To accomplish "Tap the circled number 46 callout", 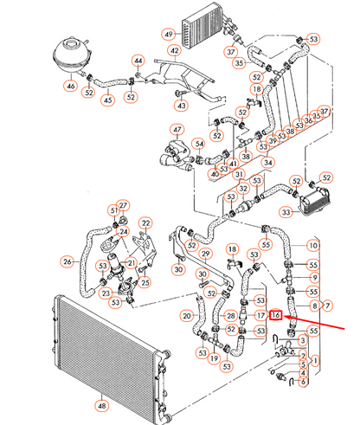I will click(70, 87).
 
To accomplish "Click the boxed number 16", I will click(276, 316).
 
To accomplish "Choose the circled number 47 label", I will click(177, 132).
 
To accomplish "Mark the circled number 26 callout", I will click(67, 261).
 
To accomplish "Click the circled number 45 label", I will click(109, 100).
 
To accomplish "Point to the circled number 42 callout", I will click(174, 50).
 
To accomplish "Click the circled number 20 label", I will click(186, 316).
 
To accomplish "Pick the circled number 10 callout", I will click(313, 246).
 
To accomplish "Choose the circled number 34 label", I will click(268, 162).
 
